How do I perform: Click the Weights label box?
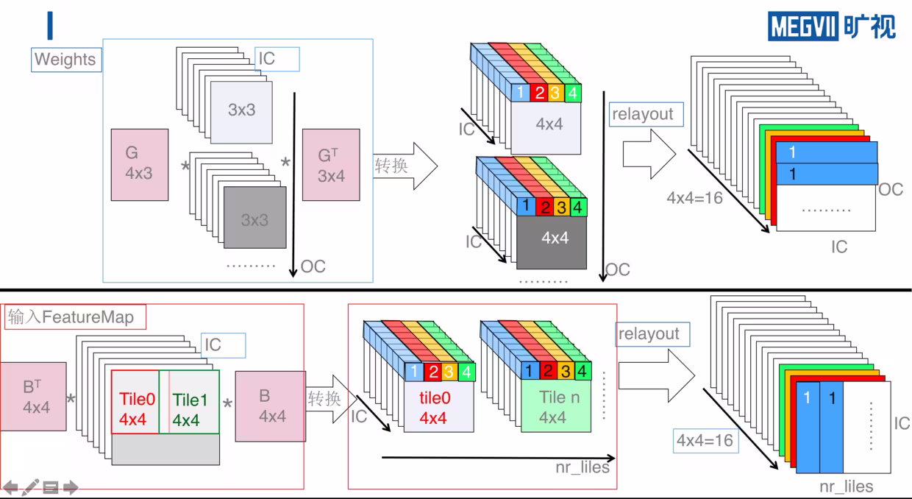(66, 60)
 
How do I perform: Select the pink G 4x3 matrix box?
(140, 165)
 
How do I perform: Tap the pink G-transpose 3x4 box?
(331, 165)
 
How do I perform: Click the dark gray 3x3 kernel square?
(255, 217)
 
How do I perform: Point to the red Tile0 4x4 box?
(135, 402)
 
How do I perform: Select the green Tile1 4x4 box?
(189, 402)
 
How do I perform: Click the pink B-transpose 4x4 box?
(33, 397)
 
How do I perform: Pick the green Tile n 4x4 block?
(556, 406)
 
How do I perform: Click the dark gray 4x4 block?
(552, 242)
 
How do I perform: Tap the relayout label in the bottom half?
(652, 334)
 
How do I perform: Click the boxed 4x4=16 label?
(705, 440)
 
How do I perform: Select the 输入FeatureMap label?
(75, 317)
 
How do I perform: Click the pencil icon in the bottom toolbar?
(30, 487)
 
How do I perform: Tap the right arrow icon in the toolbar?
(71, 487)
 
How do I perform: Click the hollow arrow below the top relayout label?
(649, 154)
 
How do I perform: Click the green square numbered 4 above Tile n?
(583, 371)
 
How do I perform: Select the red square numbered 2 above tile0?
(432, 372)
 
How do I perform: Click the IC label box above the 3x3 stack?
(277, 59)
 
